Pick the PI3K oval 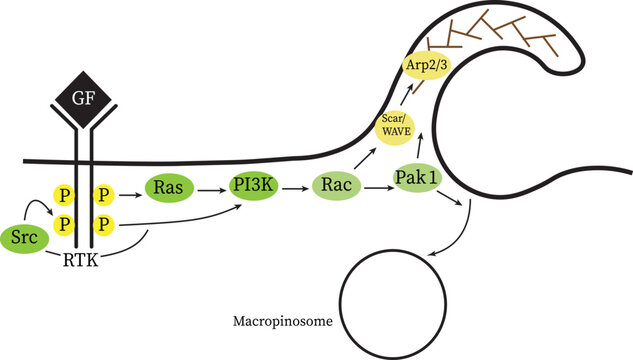[249, 187]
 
